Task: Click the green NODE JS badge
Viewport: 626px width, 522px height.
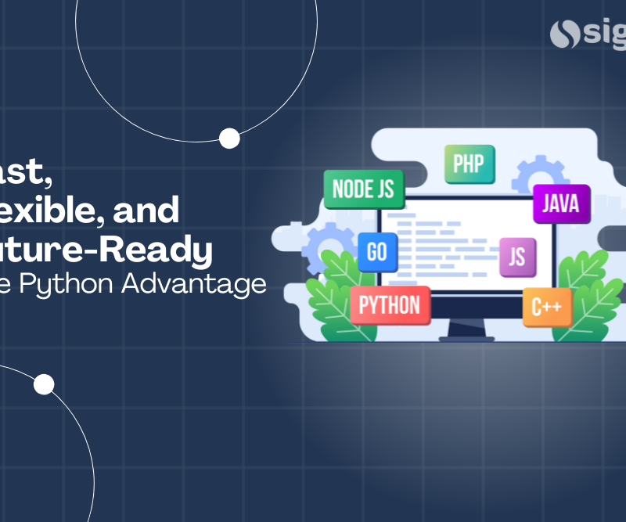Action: [363, 189]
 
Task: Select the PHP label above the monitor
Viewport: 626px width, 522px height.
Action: [469, 164]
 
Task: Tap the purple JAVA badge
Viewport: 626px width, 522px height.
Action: [561, 204]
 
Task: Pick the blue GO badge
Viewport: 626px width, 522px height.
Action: [376, 252]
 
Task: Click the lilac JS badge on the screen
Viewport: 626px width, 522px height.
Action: [517, 257]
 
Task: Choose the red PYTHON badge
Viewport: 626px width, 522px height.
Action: [389, 305]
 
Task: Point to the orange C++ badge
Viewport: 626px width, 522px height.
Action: [547, 308]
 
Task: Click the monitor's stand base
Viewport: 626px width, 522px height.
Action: [466, 338]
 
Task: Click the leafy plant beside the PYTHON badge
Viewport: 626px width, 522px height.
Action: [333, 297]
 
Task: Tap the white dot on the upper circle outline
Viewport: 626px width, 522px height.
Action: [229, 139]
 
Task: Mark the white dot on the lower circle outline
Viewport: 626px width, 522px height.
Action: [44, 384]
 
